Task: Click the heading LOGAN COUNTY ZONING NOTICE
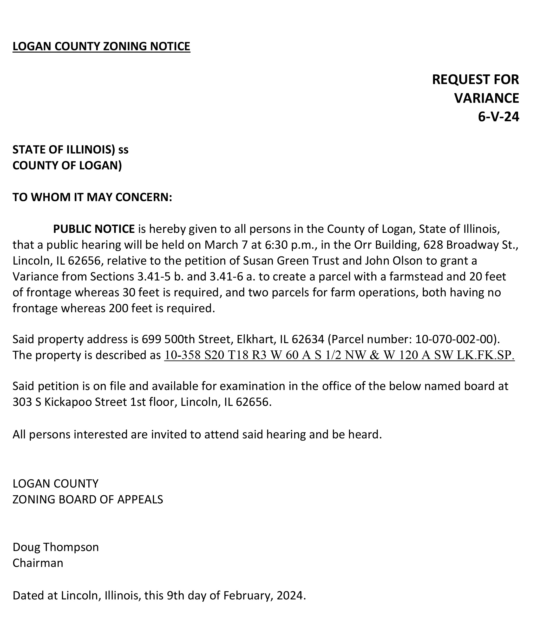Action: tap(101, 46)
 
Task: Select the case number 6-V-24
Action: tap(499, 117)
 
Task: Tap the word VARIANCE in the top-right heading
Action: tap(486, 98)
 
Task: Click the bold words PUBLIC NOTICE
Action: tap(94, 229)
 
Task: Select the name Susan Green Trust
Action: tap(291, 261)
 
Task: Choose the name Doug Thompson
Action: tap(56, 547)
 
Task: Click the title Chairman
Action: tap(38, 563)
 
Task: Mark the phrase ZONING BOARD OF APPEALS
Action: tap(88, 500)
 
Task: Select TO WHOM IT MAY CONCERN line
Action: tap(92, 197)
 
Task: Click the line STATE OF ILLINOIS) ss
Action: tap(70, 150)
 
